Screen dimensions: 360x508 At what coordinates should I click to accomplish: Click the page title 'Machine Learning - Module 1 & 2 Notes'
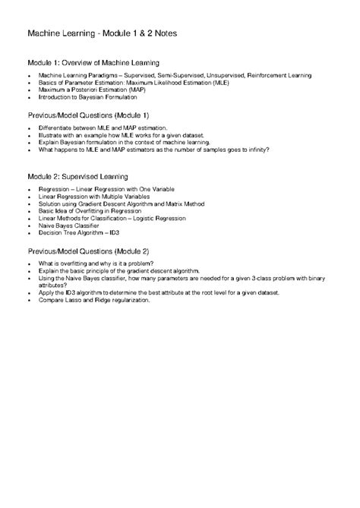click(103, 34)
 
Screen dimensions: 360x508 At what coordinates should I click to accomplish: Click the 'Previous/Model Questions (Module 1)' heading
click(88, 114)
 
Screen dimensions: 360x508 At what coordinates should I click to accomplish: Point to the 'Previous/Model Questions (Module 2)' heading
click(88, 250)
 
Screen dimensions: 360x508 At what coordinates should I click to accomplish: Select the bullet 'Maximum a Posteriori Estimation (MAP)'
click(86, 90)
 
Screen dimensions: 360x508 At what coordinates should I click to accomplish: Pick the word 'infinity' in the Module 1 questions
click(254, 150)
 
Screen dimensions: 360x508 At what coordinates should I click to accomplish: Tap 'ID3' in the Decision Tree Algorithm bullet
click(114, 232)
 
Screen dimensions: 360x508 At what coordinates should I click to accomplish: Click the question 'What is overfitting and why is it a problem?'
click(93, 263)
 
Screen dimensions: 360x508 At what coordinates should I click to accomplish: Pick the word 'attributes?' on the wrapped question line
click(52, 286)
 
